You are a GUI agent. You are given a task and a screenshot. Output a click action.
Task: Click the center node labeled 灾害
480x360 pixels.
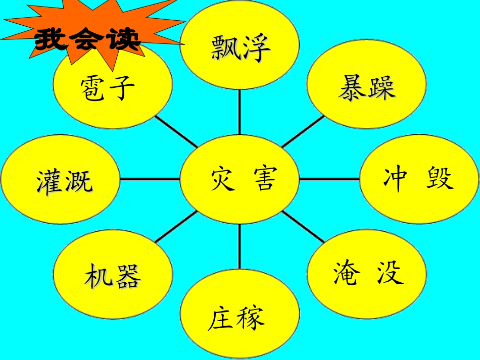tap(239, 179)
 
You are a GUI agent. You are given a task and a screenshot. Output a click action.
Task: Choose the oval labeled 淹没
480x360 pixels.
tap(366, 273)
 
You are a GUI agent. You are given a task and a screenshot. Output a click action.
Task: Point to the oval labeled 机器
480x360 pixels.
tap(112, 275)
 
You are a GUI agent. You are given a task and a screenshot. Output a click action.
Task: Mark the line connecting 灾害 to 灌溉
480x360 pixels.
tap(150, 179)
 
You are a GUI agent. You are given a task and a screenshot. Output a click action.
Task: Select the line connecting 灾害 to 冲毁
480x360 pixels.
tap(329, 179)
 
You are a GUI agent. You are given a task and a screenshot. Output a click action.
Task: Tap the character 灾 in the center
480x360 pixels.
tap(223, 179)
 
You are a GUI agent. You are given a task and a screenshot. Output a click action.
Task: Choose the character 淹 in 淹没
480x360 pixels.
tap(347, 273)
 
